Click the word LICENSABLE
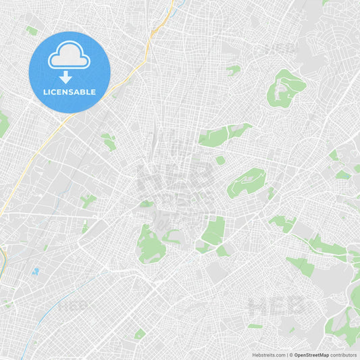click(x=69, y=92)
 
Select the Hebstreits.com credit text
click(x=268, y=355)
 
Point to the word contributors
click(x=343, y=355)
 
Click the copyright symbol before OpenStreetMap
click(x=291, y=355)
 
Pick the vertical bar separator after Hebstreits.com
click(x=287, y=355)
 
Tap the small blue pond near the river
click(x=34, y=272)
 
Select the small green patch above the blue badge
click(x=32, y=30)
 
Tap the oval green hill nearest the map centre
click(x=247, y=182)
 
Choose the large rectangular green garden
click(x=214, y=231)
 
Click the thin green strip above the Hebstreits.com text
click(x=255, y=326)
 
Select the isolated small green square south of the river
click(x=140, y=334)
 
